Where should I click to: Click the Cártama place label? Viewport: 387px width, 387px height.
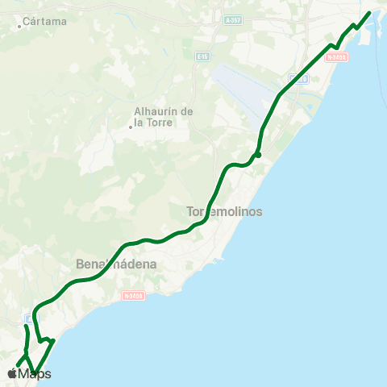(45, 21)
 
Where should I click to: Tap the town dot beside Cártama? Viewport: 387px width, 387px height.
(20, 26)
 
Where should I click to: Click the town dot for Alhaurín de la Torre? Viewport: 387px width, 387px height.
(130, 126)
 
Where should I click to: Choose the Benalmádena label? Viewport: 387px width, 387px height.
(115, 264)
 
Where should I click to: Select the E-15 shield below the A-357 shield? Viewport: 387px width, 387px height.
(203, 56)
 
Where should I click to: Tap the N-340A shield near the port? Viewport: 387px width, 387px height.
(339, 57)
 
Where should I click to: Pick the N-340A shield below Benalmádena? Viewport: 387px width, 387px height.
(134, 296)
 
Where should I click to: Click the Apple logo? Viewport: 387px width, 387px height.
(11, 373)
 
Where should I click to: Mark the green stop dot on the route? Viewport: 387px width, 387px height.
(257, 155)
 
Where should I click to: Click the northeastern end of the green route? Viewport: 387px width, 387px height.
(369, 12)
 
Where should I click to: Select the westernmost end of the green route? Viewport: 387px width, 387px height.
(17, 364)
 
